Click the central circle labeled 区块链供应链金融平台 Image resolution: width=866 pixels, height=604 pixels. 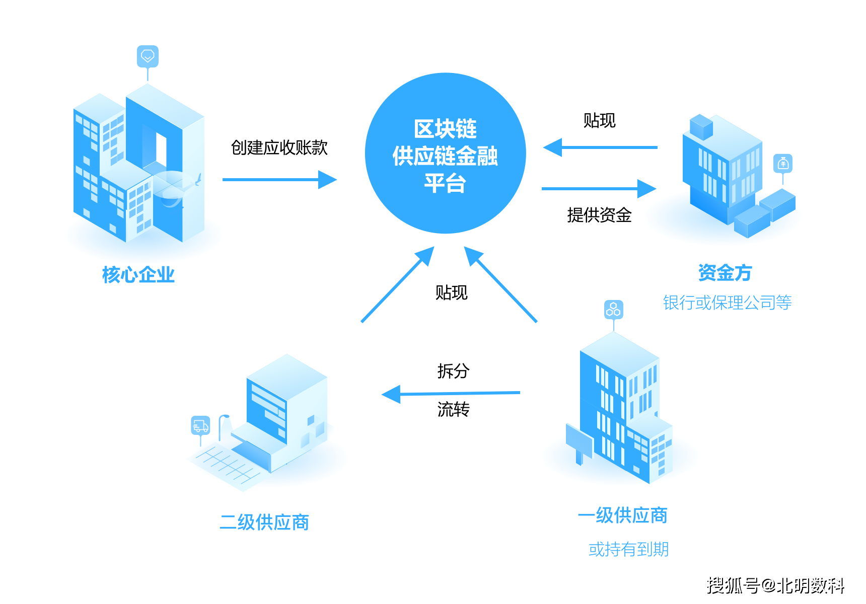[x=445, y=154]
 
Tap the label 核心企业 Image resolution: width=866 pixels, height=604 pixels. [x=138, y=275]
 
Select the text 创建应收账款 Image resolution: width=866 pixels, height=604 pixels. [x=279, y=147]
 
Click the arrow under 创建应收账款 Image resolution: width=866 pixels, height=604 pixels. [x=279, y=180]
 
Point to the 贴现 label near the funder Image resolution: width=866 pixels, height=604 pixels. [x=599, y=121]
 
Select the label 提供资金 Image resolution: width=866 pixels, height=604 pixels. [x=599, y=215]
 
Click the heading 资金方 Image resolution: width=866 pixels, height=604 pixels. [x=725, y=273]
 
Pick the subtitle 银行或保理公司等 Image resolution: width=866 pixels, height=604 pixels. [x=727, y=303]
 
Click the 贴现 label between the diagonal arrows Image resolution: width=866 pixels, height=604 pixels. [x=451, y=292]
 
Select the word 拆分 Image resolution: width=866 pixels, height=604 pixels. [x=453, y=371]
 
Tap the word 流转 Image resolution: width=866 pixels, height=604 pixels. [x=453, y=409]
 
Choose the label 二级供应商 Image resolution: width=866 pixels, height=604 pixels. [x=264, y=522]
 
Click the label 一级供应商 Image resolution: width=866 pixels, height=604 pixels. [x=623, y=515]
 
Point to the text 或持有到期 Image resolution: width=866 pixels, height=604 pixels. [x=628, y=549]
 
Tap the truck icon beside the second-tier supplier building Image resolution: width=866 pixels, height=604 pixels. [x=200, y=425]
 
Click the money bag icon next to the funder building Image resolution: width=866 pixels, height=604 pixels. [x=783, y=164]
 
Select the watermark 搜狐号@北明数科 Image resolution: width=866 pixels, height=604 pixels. [x=775, y=585]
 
